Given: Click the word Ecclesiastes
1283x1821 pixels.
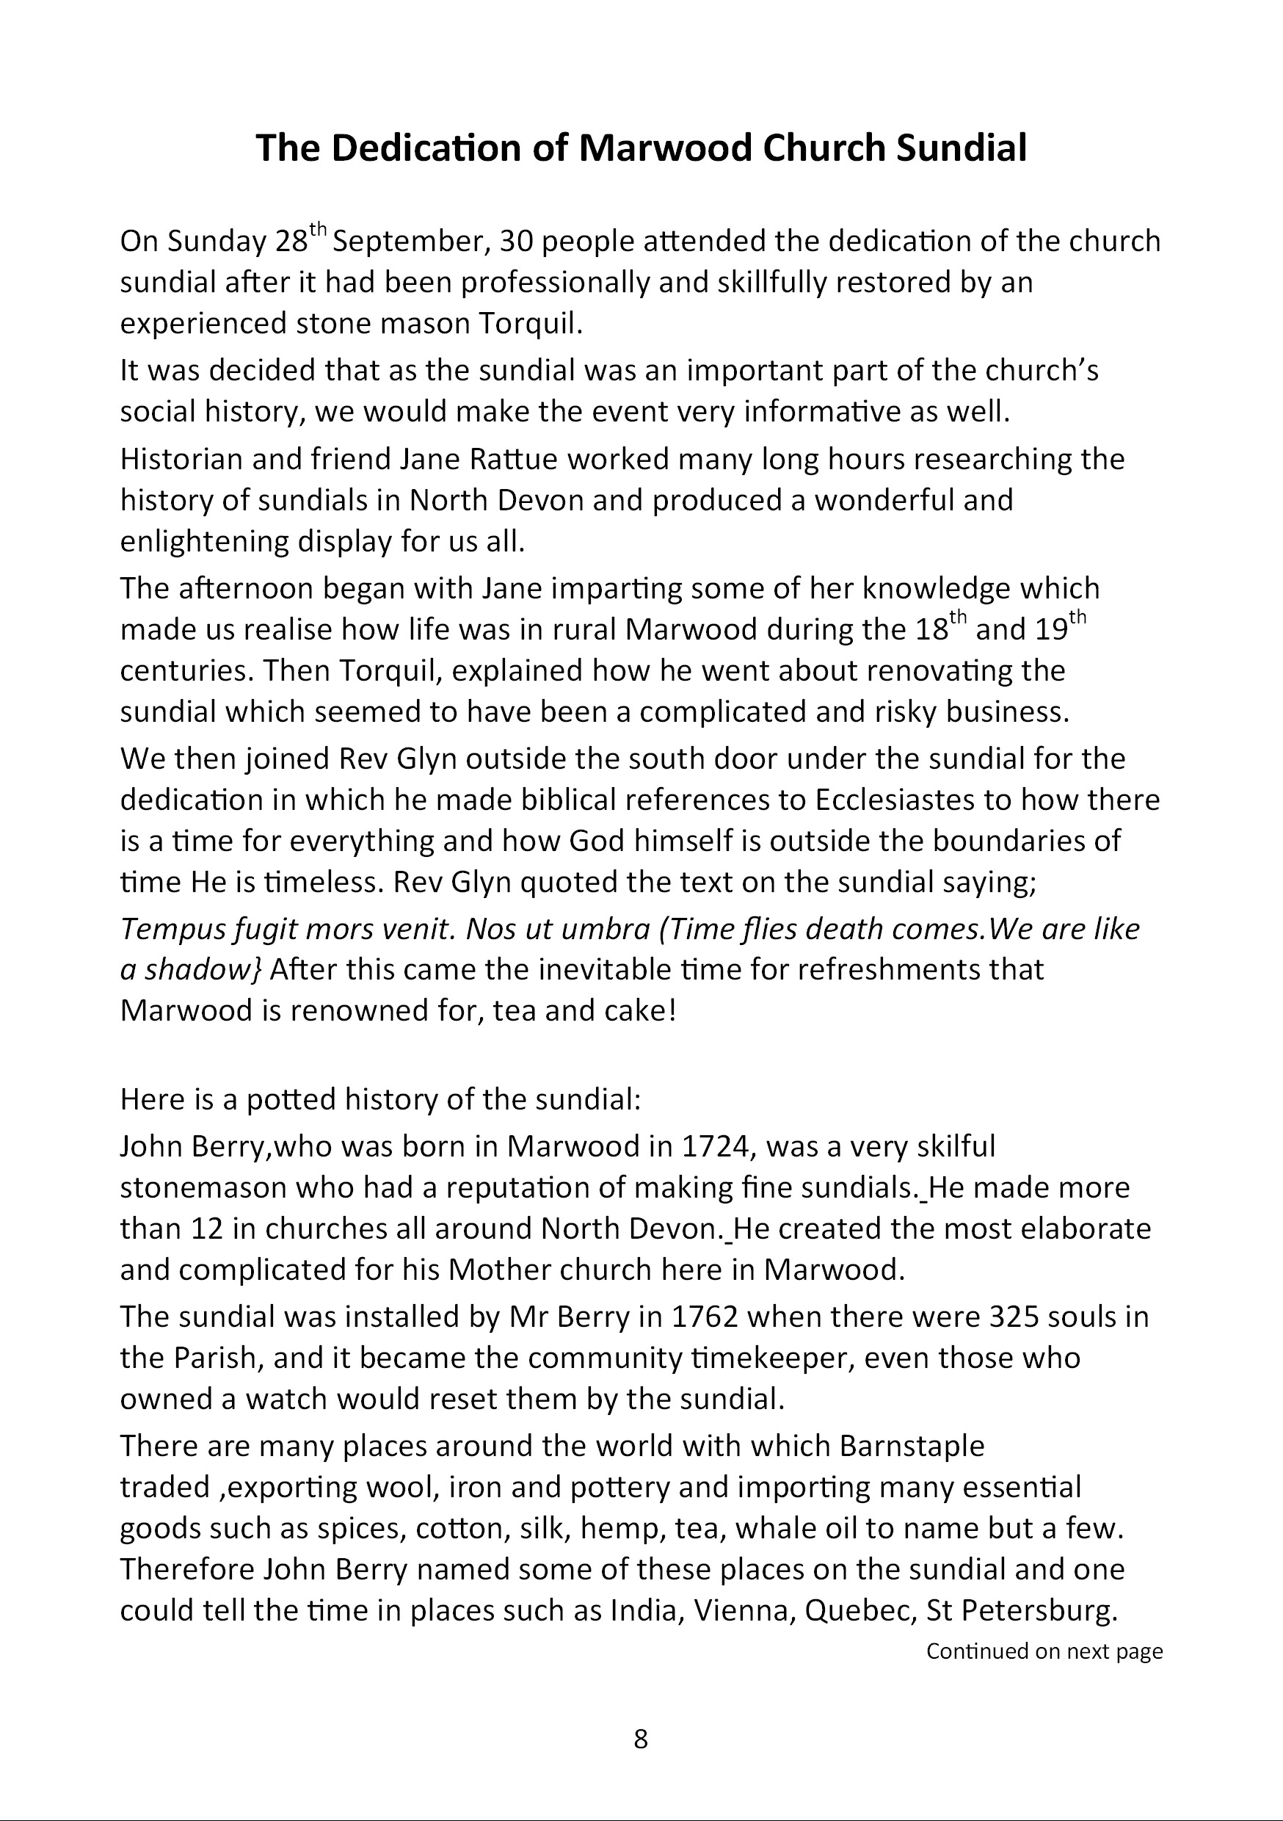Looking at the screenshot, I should (x=895, y=800).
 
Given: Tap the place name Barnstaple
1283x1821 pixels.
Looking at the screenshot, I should (x=911, y=1446).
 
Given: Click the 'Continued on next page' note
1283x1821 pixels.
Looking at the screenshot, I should (x=1044, y=1651).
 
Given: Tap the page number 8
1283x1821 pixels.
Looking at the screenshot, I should (x=641, y=1739).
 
